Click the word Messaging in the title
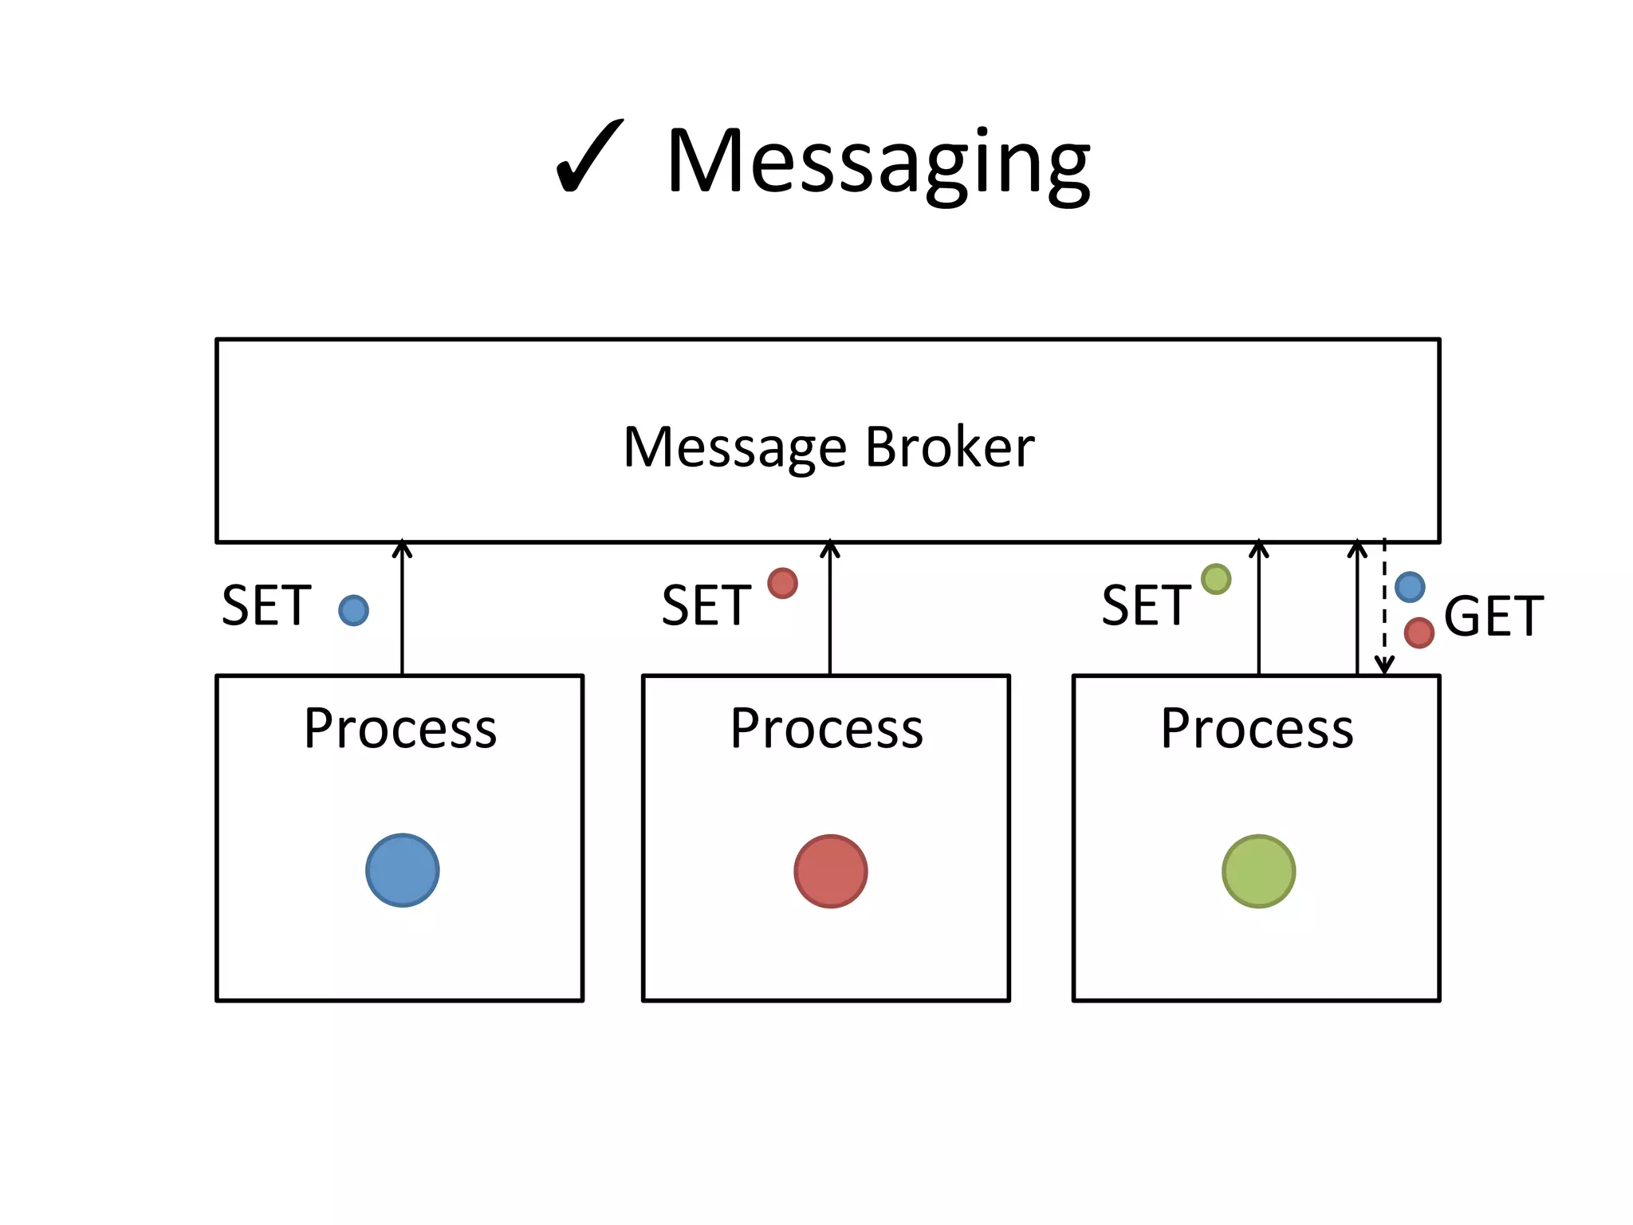click(878, 163)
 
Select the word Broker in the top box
click(950, 447)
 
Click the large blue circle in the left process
click(402, 870)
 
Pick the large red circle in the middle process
click(830, 871)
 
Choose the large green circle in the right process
click(1258, 871)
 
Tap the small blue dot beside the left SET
click(353, 610)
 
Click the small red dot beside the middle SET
click(782, 583)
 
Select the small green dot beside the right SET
click(1215, 579)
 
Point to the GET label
click(1493, 616)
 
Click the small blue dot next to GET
click(1410, 587)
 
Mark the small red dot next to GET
click(1419, 633)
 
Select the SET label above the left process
click(266, 606)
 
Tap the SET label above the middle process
click(706, 606)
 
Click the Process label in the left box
click(400, 729)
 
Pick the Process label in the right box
click(1257, 729)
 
